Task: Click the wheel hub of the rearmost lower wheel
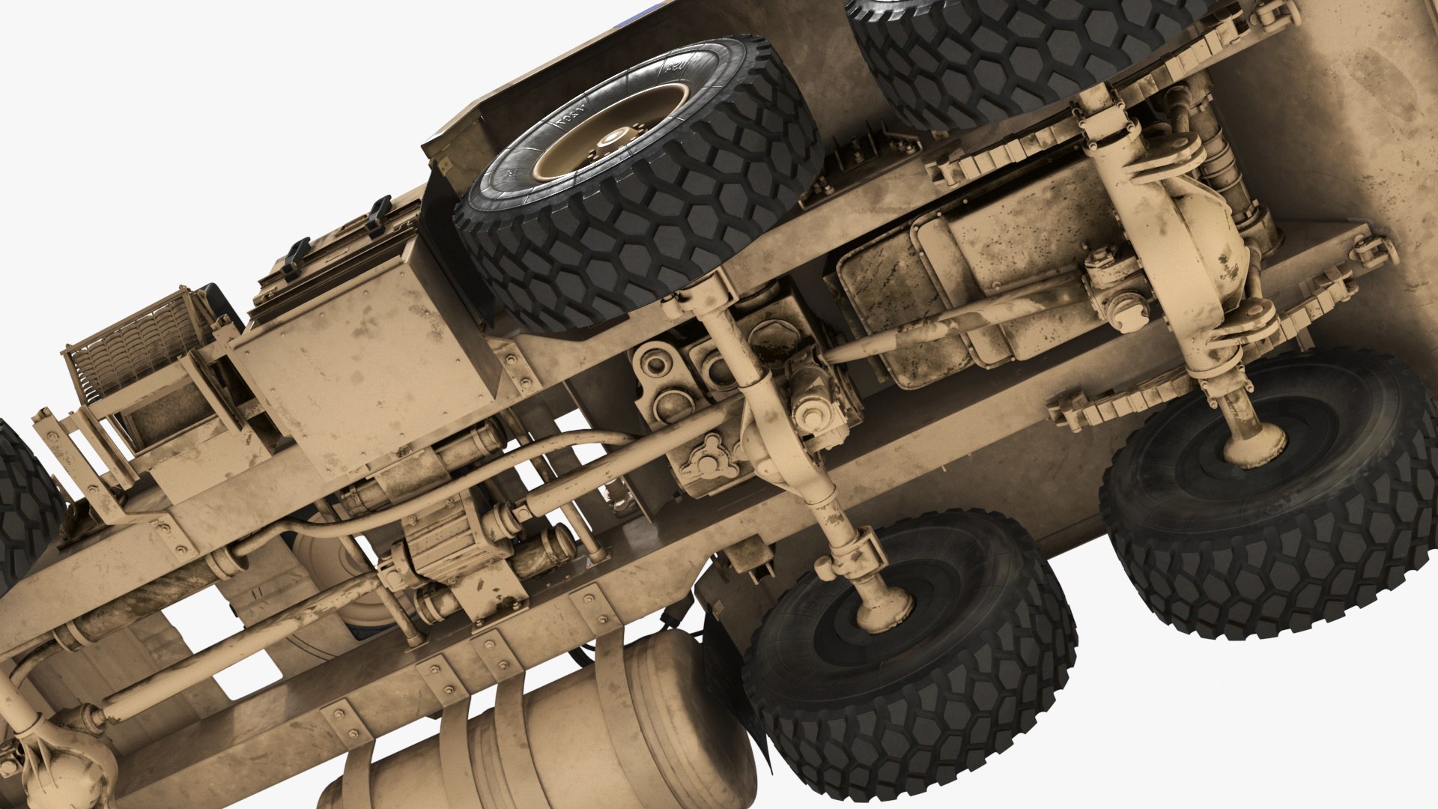[x=1252, y=447]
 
